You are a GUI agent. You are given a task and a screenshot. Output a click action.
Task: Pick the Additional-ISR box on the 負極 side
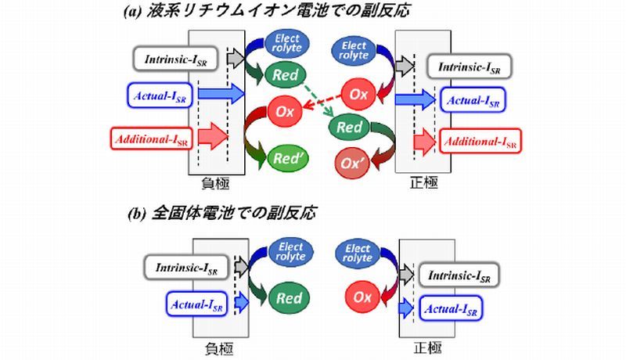(x=149, y=140)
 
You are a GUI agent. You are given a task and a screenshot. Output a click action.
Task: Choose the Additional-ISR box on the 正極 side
(x=481, y=142)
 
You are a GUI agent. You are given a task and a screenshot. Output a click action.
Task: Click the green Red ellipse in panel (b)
(x=286, y=299)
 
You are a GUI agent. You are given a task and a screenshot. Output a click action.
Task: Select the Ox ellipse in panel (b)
(x=360, y=298)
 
